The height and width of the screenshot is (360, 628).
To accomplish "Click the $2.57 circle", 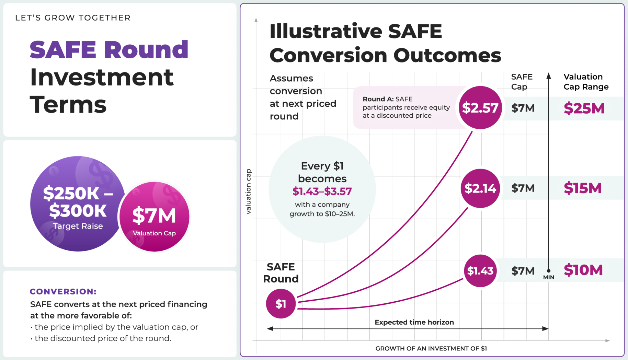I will [480, 108].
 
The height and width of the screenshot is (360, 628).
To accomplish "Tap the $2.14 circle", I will [480, 188].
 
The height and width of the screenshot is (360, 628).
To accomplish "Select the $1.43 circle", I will [480, 271].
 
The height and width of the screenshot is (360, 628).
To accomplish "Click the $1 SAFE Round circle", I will [281, 304].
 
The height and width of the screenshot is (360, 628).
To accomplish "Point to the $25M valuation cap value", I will [584, 108].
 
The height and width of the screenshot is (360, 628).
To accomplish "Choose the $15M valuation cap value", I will [583, 188].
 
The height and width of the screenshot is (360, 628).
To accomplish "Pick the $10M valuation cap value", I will [583, 270].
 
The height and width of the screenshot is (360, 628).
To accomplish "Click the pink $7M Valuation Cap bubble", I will [155, 217].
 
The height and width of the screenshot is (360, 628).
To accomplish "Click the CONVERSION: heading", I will [63, 291].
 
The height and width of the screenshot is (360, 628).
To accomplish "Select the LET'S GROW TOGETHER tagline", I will [73, 18].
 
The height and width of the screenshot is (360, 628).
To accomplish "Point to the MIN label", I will [548, 277].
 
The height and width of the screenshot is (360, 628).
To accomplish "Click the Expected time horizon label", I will [414, 322].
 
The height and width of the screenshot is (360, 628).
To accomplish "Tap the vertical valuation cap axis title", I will [248, 191].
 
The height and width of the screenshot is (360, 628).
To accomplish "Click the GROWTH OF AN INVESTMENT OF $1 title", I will [431, 348].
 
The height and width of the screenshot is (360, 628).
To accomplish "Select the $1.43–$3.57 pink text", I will [322, 191].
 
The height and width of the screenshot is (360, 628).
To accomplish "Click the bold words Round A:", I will [378, 99].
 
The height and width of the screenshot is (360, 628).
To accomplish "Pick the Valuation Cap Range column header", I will [586, 82].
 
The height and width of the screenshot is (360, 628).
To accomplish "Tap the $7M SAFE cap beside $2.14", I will [523, 188].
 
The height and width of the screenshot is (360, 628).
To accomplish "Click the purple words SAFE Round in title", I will [109, 50].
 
